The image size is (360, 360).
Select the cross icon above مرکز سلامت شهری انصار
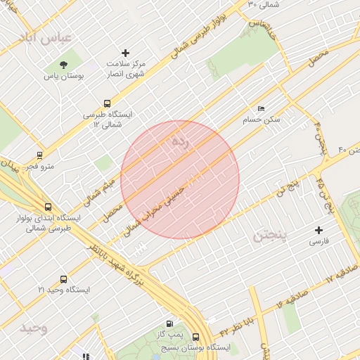click(126, 53)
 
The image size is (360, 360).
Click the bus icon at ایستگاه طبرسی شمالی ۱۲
click(107, 103)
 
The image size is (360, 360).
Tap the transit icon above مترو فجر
click(40, 155)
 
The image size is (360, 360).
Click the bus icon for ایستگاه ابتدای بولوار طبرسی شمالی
click(48, 207)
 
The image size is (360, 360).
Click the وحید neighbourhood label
click(33, 328)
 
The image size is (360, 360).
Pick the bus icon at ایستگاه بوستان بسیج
click(195, 337)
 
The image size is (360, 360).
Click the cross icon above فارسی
click(319, 230)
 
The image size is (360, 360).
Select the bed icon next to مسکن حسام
click(262, 110)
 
